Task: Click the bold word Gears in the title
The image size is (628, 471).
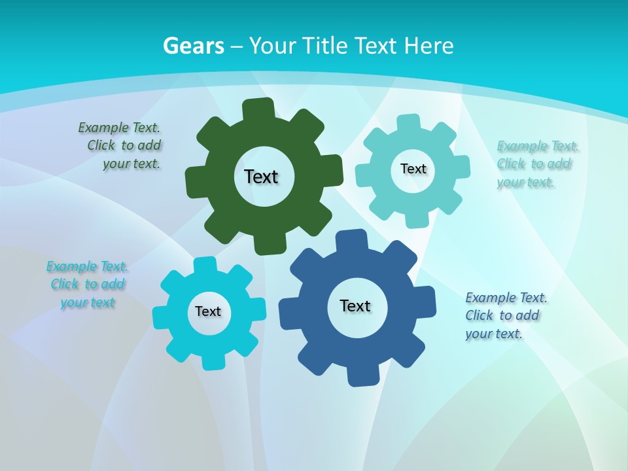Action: click(193, 46)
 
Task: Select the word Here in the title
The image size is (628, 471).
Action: click(428, 46)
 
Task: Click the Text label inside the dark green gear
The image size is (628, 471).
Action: click(261, 177)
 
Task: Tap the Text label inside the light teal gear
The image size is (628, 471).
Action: click(413, 169)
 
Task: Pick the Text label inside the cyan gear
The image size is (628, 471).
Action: click(208, 311)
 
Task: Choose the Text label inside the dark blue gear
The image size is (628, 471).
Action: click(355, 305)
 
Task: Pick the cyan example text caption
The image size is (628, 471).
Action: click(88, 285)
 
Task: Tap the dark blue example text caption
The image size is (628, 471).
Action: click(505, 316)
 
